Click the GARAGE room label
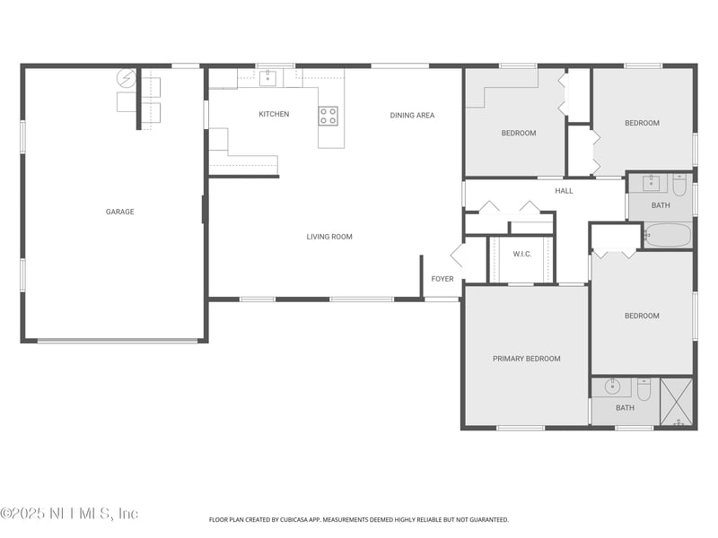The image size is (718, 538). (x=119, y=212)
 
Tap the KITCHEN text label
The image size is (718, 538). (x=274, y=114)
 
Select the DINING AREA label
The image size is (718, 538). (x=412, y=115)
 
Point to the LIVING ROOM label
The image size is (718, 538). (x=329, y=237)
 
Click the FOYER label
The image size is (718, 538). (x=442, y=279)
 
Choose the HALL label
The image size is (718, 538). (x=564, y=190)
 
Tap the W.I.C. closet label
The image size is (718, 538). (x=522, y=254)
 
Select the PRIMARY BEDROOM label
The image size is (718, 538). (x=526, y=359)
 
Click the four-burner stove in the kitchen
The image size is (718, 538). (x=328, y=115)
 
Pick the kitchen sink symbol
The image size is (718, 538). (x=267, y=77)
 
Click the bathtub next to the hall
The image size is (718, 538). (x=668, y=235)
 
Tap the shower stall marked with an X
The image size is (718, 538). (x=677, y=402)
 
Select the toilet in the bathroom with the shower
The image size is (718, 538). (x=644, y=390)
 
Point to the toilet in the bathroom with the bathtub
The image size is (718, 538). (x=679, y=185)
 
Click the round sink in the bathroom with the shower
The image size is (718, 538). (x=612, y=387)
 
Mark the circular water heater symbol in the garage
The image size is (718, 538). (x=127, y=78)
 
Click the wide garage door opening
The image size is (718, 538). (x=118, y=341)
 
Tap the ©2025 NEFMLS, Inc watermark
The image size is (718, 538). (x=69, y=513)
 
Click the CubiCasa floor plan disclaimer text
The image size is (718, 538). (x=359, y=519)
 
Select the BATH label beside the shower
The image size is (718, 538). (x=625, y=408)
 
